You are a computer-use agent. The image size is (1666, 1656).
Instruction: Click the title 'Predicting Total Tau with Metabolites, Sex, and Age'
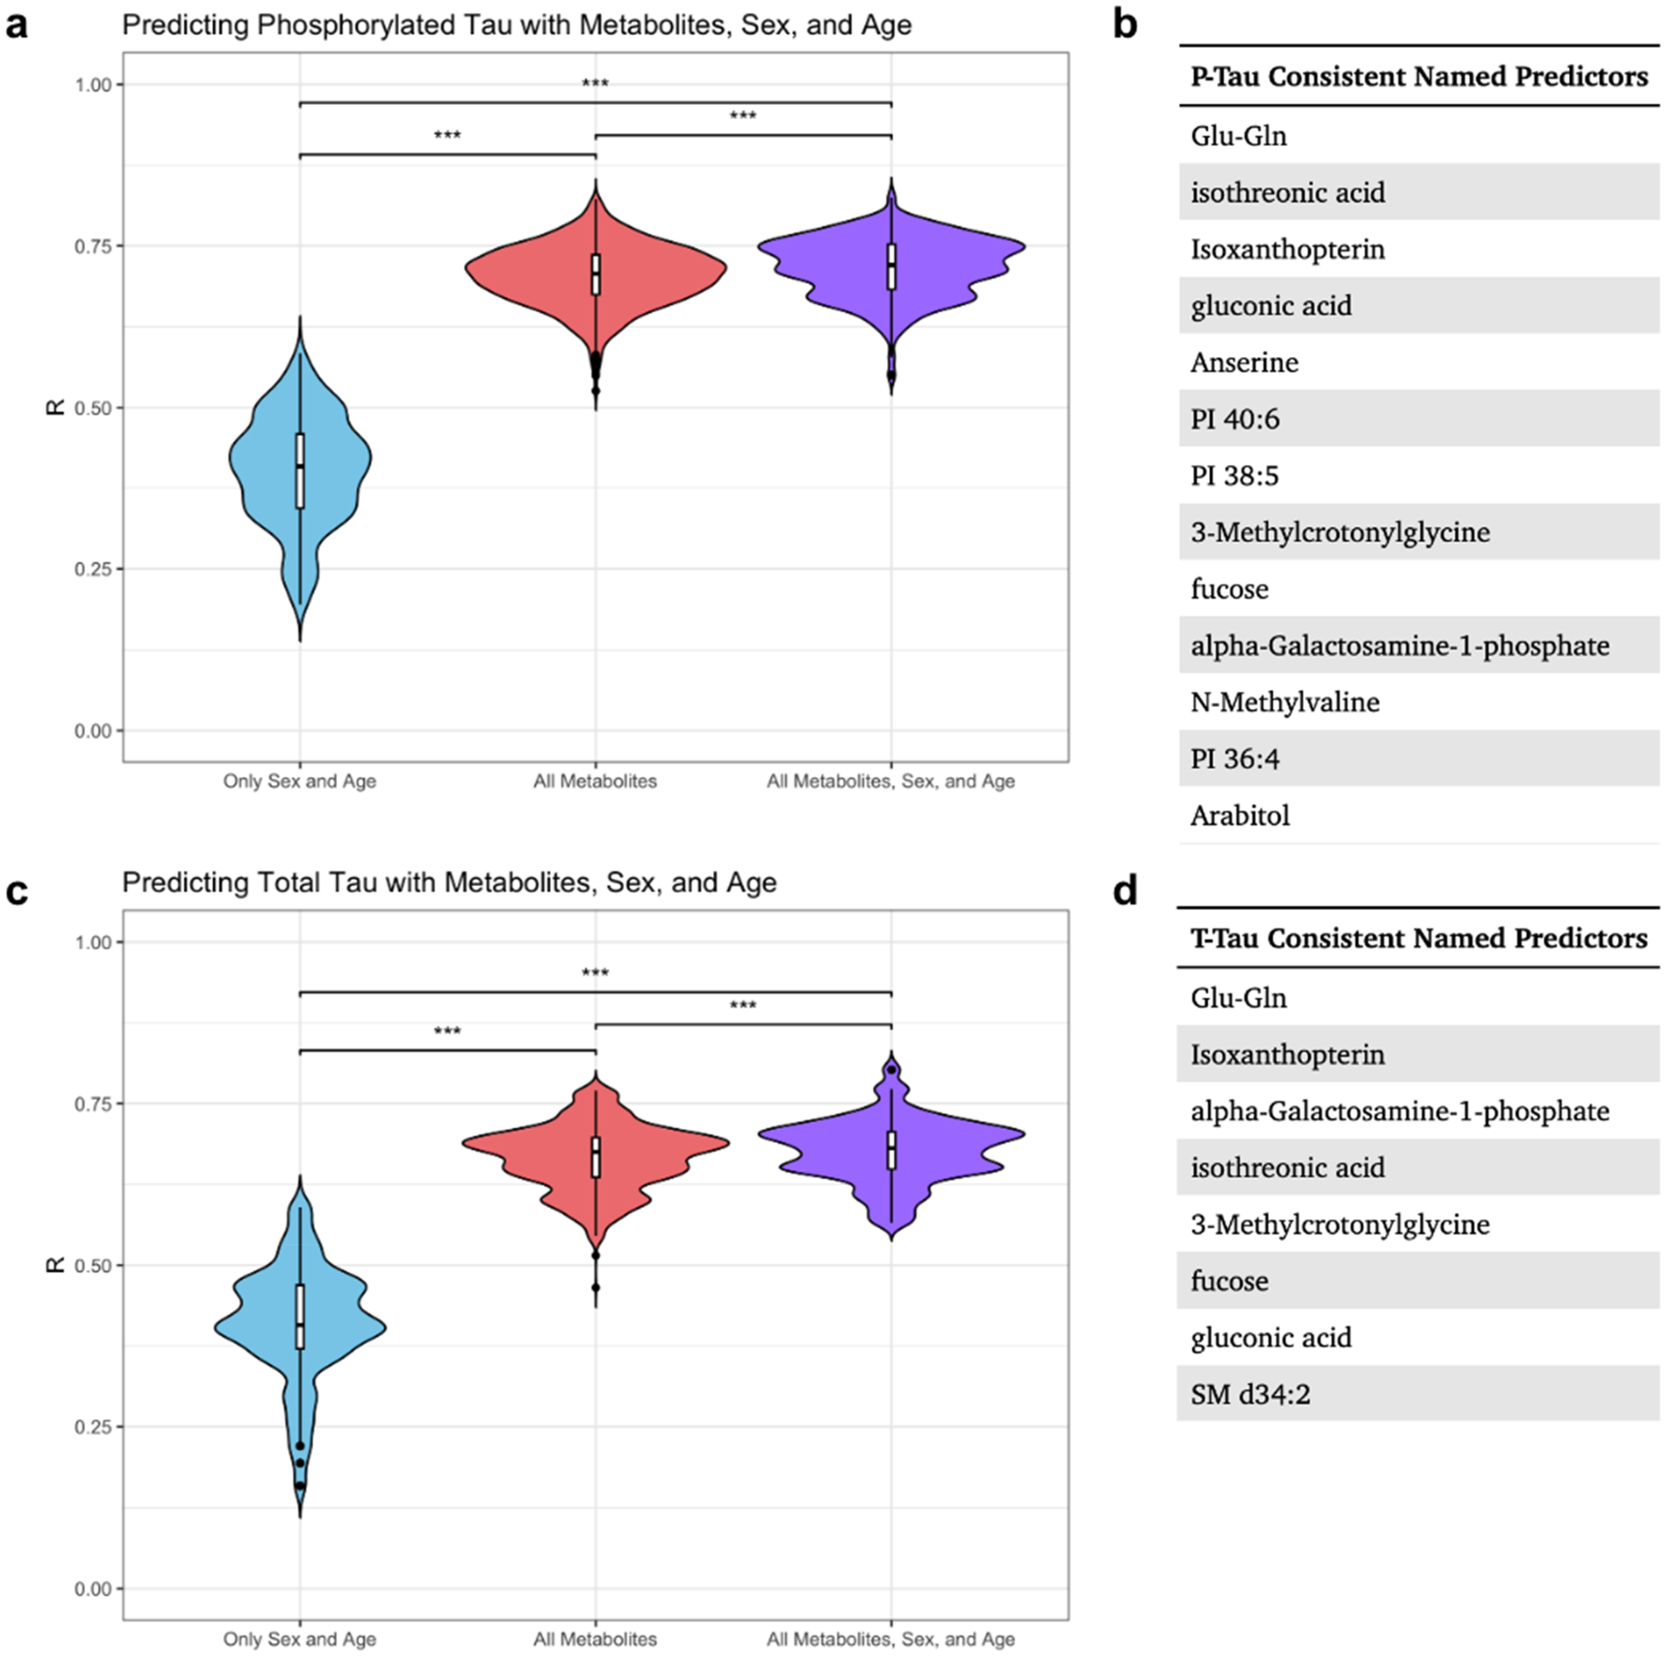449,882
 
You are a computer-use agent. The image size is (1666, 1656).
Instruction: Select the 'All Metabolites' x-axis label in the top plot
595,781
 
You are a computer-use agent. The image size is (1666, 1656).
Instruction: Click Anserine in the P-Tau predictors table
1244,362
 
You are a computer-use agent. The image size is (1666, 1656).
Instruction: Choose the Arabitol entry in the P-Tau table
1240,815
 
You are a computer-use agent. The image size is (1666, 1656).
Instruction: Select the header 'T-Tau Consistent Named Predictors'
1418,937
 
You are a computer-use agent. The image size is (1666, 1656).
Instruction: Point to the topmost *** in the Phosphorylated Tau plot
595,84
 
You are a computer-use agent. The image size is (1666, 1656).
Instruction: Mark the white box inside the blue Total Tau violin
300,1316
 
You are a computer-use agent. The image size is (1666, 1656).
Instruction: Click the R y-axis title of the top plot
55,407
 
